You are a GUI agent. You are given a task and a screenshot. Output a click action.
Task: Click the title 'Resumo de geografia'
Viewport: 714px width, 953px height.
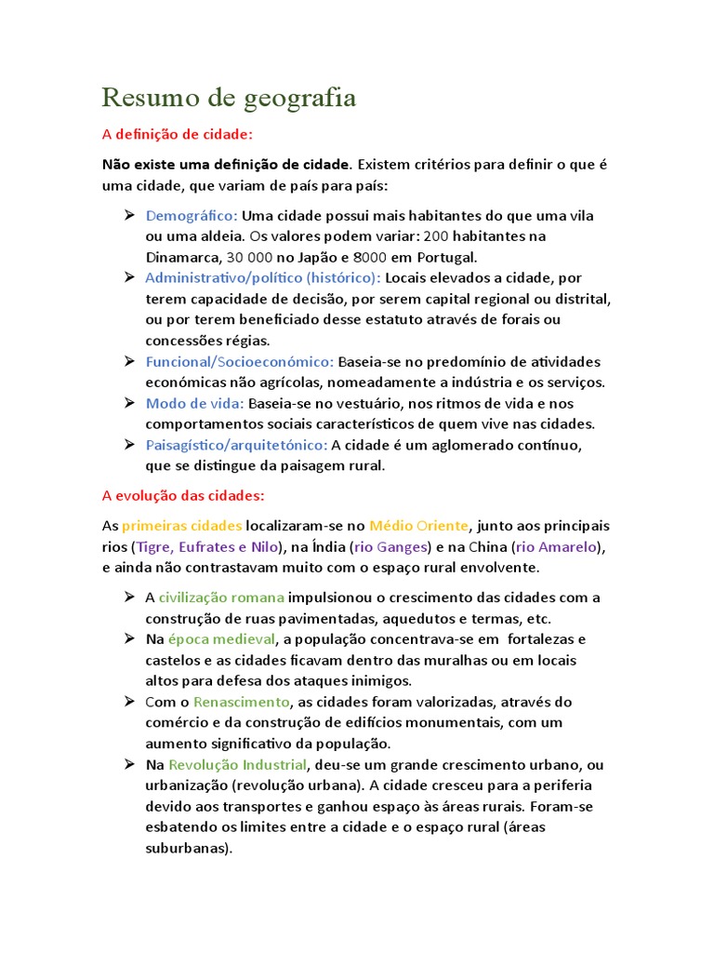(x=229, y=97)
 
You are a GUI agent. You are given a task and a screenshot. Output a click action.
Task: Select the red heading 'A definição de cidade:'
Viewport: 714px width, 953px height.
(x=177, y=134)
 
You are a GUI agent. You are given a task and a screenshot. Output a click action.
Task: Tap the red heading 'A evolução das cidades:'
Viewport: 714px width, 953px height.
(x=183, y=494)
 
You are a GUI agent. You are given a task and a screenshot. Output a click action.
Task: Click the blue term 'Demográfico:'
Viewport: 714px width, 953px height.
(x=192, y=216)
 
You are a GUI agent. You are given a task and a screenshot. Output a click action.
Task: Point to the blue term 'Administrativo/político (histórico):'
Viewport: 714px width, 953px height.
(x=263, y=278)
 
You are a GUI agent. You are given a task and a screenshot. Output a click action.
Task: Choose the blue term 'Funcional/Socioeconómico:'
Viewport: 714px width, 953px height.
(x=240, y=361)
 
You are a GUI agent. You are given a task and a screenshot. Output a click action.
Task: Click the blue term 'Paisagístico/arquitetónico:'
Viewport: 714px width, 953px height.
(x=236, y=445)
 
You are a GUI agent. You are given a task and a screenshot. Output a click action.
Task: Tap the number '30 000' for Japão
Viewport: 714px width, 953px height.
(x=250, y=257)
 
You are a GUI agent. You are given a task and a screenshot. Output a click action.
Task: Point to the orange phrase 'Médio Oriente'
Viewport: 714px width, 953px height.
(x=419, y=525)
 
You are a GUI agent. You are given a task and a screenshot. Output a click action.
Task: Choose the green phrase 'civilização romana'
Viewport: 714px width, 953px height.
(x=221, y=597)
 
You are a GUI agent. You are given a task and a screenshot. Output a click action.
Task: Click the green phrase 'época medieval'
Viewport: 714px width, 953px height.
(x=222, y=639)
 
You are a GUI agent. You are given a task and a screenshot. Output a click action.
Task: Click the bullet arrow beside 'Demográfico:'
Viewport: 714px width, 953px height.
(x=129, y=216)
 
